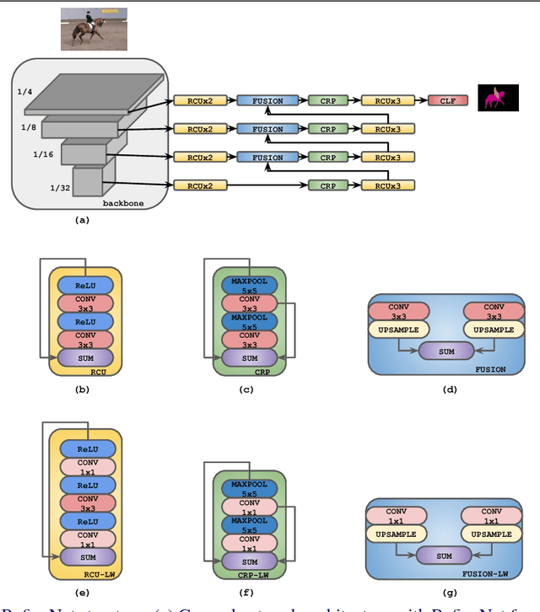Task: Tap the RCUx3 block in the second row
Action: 388,129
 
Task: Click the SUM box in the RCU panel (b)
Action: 84,358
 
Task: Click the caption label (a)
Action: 82,220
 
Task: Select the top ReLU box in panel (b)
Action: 84,286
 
